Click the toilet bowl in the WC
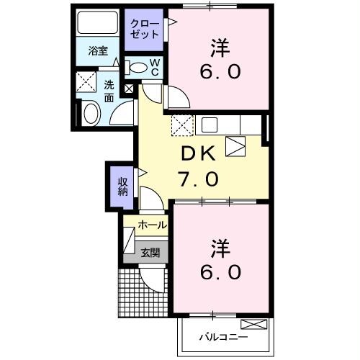click(x=138, y=67)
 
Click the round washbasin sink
click(x=91, y=114)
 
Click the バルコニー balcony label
click(x=222, y=337)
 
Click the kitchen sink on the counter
click(x=210, y=124)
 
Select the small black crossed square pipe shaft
click(x=129, y=89)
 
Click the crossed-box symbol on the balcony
click(x=248, y=324)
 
